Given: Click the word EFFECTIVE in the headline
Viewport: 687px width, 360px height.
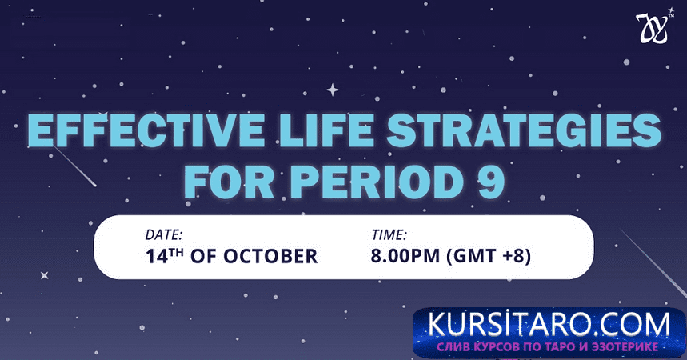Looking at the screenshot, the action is [146, 130].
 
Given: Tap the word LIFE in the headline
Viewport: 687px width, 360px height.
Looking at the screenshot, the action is [326, 130].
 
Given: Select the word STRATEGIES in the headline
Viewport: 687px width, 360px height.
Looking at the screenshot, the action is [525, 130].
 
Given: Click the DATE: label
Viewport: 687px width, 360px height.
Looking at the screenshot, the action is [164, 235].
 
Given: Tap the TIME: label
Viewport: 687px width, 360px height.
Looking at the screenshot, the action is [389, 235].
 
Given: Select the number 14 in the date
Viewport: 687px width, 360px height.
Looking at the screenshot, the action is [157, 257].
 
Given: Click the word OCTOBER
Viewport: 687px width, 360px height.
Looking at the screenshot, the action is [270, 257].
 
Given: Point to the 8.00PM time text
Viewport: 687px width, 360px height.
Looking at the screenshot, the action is [405, 256].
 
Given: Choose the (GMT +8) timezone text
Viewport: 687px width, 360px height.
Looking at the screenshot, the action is [489, 257].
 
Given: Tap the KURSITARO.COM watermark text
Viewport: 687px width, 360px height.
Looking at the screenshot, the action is [549, 325].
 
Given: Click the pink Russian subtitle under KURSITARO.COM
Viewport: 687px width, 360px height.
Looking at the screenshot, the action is [548, 347].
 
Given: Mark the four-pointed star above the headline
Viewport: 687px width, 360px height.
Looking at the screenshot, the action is [333, 90].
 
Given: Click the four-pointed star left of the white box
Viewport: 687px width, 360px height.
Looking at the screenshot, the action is [44, 275].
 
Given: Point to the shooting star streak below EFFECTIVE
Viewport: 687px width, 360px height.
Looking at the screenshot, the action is [74, 167].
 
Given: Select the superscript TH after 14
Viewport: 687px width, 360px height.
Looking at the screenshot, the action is [177, 252].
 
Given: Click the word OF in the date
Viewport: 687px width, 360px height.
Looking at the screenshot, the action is [204, 257].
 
